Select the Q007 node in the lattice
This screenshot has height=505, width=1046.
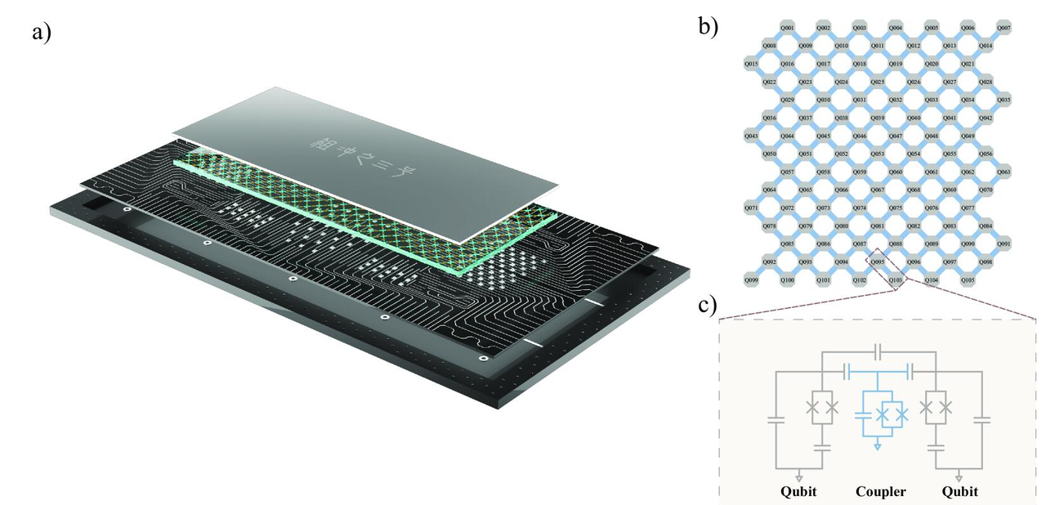pyautogui.click(x=1004, y=28)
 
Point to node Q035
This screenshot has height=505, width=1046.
pyautogui.click(x=1004, y=100)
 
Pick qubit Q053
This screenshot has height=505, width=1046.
pyautogui.click(x=878, y=154)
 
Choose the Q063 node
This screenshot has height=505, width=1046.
pyautogui.click(x=1004, y=172)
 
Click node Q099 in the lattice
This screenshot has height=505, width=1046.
pyautogui.click(x=752, y=280)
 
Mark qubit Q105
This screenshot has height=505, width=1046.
pyautogui.click(x=968, y=280)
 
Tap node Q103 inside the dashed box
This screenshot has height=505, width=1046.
pyautogui.click(x=896, y=280)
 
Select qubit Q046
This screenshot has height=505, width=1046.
pyautogui.click(x=860, y=136)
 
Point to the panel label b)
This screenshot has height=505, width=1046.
pyautogui.click(x=709, y=26)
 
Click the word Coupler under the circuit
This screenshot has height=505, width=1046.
pyautogui.click(x=881, y=492)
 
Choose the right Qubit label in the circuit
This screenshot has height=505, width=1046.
pyautogui.click(x=961, y=492)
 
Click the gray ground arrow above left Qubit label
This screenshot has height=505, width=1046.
pyautogui.click(x=798, y=475)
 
